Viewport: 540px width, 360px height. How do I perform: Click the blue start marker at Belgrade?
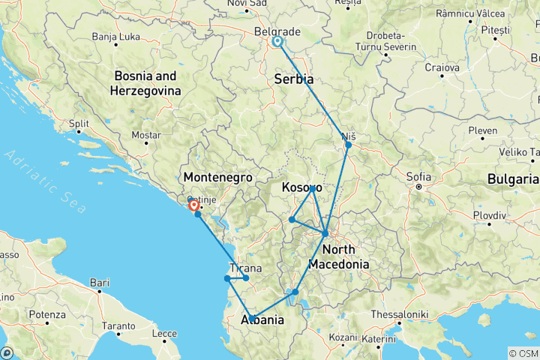point(278,42)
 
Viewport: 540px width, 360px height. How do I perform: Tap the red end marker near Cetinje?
point(194,204)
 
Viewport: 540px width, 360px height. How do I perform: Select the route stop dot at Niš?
point(348,144)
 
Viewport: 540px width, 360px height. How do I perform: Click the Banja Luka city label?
point(116,36)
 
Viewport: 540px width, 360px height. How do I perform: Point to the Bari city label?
point(98,283)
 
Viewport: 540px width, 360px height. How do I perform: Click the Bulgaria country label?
point(512,179)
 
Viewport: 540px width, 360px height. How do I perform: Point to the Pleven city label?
point(482,130)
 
